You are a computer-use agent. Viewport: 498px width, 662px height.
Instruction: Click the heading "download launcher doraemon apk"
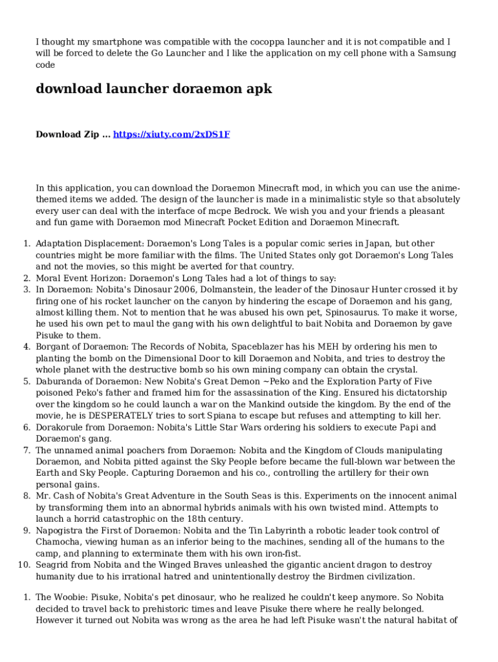154,89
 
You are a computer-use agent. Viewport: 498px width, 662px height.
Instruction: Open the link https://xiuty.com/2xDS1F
171,134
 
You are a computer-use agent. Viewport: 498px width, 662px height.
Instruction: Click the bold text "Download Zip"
67,134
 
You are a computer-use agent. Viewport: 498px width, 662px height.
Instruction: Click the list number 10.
23,565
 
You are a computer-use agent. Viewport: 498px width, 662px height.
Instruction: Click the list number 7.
27,451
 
